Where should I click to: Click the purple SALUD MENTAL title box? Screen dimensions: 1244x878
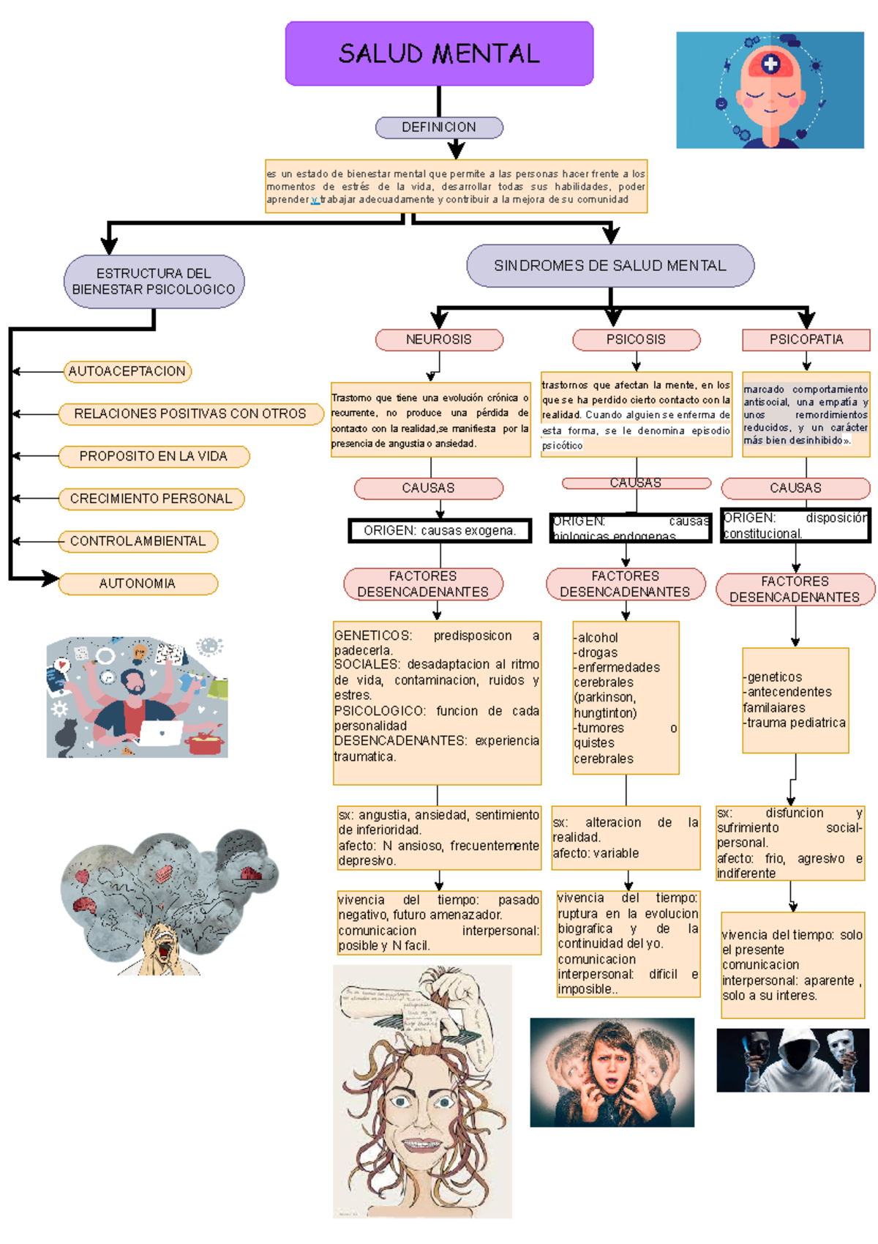(x=439, y=53)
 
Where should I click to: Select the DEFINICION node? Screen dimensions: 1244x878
(x=439, y=127)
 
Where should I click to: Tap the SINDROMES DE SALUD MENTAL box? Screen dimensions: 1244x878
(x=610, y=266)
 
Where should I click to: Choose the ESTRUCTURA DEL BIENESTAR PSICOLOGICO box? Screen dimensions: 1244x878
(x=154, y=282)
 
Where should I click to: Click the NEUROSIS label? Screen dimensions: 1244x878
(x=439, y=340)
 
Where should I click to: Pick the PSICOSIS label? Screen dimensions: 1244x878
(x=636, y=340)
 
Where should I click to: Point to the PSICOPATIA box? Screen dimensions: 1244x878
(x=806, y=340)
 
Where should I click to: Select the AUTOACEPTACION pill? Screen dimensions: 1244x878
(x=127, y=372)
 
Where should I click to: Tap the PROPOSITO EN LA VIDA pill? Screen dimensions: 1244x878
(x=154, y=456)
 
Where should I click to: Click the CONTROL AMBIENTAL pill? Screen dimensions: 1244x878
(x=138, y=541)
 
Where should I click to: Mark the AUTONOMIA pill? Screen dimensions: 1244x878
(x=138, y=584)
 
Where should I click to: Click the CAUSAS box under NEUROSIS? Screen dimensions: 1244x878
(x=428, y=488)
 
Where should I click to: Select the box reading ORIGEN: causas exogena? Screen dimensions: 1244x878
(x=440, y=531)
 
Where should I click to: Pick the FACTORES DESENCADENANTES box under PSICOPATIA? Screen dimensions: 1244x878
(x=795, y=589)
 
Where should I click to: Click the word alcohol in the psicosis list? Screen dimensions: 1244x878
(x=598, y=638)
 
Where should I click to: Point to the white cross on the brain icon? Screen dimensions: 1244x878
(x=770, y=64)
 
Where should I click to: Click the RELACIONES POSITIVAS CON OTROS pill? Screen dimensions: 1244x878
(x=190, y=414)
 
